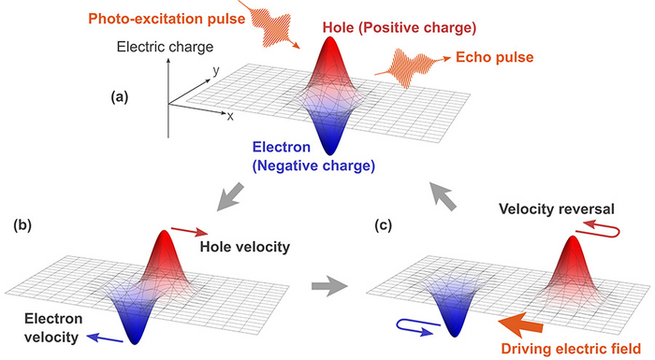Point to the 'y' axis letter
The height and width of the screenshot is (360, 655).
[215, 71]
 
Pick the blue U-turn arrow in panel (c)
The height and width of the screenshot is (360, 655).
[413, 327]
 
